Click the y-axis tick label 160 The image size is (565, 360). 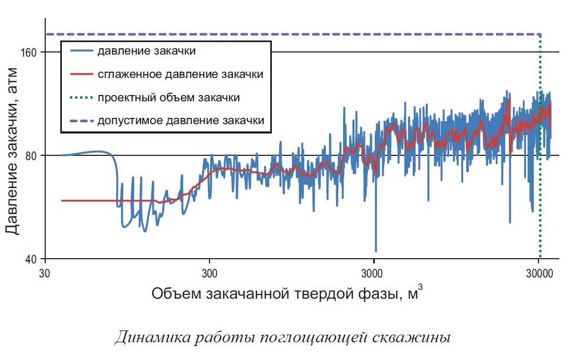(x=30, y=52)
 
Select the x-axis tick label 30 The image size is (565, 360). (x=45, y=273)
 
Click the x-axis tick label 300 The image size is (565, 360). (x=209, y=273)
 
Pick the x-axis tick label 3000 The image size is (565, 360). (x=374, y=273)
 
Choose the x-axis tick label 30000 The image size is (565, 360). (x=538, y=273)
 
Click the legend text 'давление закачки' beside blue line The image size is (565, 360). (x=146, y=51)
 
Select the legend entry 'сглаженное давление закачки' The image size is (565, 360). (x=180, y=74)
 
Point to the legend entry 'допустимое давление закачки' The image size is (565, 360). (x=180, y=121)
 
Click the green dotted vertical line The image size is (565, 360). (x=540, y=156)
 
